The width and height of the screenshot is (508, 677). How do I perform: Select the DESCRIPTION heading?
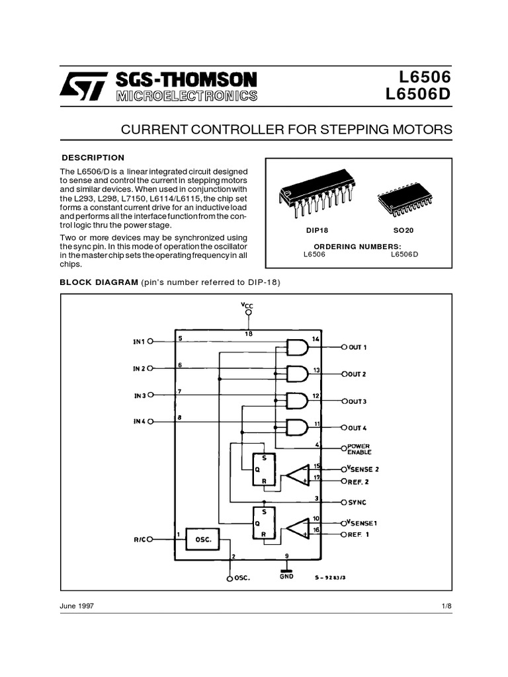click(x=93, y=157)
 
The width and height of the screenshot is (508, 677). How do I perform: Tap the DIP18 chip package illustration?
click(x=314, y=198)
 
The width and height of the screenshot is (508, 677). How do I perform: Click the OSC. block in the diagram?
click(x=204, y=539)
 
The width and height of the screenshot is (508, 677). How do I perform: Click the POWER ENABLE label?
click(x=360, y=449)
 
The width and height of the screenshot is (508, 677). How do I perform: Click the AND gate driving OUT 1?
click(x=297, y=346)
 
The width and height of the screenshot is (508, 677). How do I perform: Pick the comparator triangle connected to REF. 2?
click(x=297, y=475)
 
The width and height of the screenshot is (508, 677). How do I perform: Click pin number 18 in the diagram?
click(x=248, y=334)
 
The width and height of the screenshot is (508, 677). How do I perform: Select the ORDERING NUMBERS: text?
click(x=358, y=246)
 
